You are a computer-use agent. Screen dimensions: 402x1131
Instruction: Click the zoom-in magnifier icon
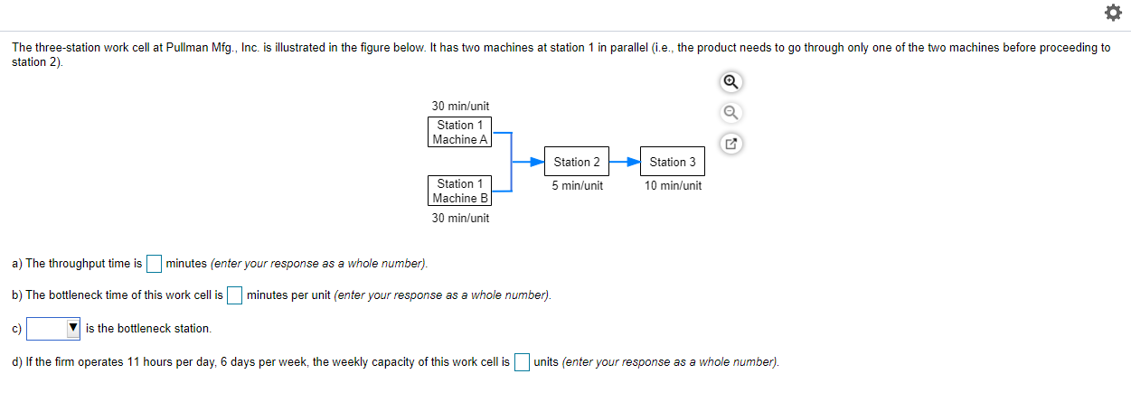point(731,82)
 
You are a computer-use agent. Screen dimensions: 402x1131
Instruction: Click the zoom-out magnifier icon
point(731,113)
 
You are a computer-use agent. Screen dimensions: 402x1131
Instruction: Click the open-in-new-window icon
point(731,144)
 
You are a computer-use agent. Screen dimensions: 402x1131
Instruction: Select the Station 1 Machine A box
point(459,132)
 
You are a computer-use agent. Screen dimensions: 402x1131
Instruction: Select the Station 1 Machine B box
point(459,191)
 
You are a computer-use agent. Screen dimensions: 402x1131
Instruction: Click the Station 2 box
point(577,162)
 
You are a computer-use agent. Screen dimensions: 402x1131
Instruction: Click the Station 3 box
point(673,162)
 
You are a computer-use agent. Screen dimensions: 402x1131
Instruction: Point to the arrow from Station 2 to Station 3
point(625,162)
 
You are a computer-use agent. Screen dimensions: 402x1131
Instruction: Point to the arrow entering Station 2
point(529,162)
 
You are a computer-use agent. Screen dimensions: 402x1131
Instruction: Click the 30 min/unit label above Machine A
point(460,107)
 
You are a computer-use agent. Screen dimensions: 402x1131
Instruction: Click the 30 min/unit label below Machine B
point(460,218)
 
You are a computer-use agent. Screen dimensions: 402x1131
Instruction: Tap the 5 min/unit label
point(577,185)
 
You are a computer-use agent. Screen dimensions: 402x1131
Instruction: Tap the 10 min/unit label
point(673,185)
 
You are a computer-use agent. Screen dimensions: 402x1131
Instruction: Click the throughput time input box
point(154,264)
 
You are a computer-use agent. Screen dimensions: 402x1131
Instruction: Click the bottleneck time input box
point(234,295)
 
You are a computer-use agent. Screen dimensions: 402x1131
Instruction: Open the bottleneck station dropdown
point(53,329)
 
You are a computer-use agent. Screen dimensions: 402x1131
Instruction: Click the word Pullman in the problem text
point(189,48)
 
